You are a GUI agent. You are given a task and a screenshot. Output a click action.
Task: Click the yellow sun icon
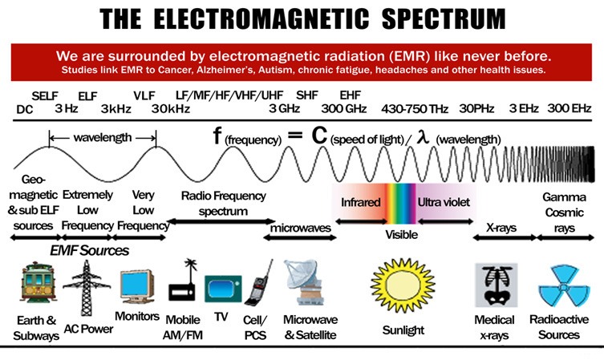pos(403,285)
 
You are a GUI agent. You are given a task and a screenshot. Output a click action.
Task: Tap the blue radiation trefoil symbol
pos(564,285)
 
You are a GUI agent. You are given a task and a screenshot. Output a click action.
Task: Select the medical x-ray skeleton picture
pos(497,285)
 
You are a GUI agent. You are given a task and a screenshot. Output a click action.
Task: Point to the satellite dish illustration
pos(305,282)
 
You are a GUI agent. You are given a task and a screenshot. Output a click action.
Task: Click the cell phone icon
pos(259,283)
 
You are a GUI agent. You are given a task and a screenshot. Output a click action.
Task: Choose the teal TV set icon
pos(223,289)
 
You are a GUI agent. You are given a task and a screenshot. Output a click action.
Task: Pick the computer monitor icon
pos(137,287)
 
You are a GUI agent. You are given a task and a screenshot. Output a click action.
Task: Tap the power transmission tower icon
pos(87,288)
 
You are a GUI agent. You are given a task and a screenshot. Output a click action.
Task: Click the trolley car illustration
pos(39,282)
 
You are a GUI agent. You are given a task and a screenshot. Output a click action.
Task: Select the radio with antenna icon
pos(182,281)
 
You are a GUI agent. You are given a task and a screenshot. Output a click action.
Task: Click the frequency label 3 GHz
pos(284,108)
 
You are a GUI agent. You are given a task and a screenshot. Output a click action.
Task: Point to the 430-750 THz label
pos(415,109)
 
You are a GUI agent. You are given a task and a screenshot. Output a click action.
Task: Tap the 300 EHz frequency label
pos(569,108)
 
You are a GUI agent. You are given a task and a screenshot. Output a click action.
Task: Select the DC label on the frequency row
pos(25,110)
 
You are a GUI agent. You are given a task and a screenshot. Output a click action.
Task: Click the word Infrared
pos(360,202)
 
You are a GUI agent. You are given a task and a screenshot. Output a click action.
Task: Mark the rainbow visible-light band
pos(401,204)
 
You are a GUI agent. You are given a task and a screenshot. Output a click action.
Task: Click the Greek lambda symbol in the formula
pos(423,136)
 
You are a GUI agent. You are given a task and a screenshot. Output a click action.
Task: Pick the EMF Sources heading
pos(89,251)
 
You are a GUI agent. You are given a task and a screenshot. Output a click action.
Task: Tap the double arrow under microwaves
pos(300,238)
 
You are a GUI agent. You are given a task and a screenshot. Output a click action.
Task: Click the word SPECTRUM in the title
pos(444,19)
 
